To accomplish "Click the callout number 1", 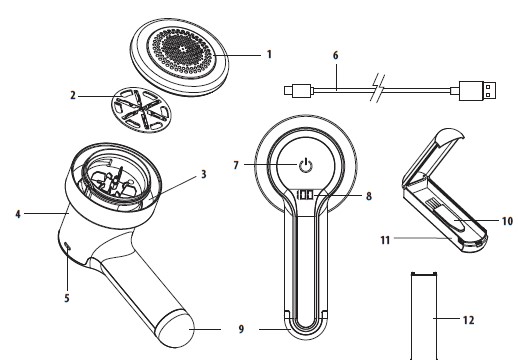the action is point(269,54).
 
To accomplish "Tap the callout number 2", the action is point(73,96).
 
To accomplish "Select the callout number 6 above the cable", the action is point(336,55).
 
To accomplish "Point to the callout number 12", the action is point(468,320).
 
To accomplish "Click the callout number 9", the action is point(241,329).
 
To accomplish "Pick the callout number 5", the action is point(67,298).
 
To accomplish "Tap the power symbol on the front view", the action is point(305,165).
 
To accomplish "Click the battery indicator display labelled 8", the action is point(306,195).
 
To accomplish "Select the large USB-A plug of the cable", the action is point(477,90).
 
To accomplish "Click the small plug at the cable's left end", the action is point(299,91).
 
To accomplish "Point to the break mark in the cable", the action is point(378,89).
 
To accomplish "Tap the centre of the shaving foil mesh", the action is point(182,49).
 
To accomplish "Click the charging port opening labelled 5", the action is point(68,246).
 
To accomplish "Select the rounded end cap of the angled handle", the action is point(175,329).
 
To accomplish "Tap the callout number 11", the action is point(385,240).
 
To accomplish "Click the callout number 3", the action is point(203,174).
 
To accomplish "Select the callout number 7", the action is point(236,165).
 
